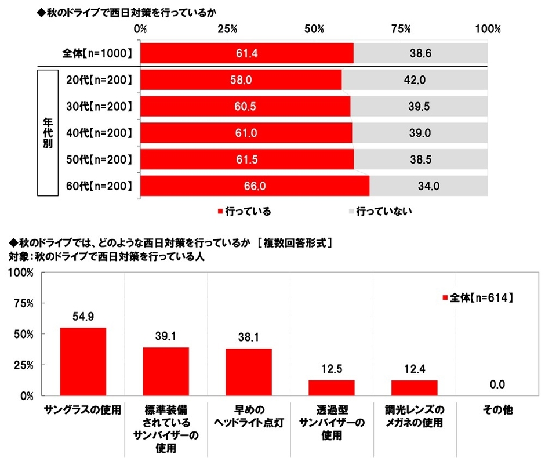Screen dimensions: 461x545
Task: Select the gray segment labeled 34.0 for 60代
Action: pos(428,186)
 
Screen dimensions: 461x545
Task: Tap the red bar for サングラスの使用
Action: pos(83,361)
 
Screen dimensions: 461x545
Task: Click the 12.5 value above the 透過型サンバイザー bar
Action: pos(332,369)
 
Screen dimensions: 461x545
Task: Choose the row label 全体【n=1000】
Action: pos(98,54)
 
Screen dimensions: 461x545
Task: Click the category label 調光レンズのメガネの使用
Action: pos(413,416)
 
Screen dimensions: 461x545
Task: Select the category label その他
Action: pos(497,409)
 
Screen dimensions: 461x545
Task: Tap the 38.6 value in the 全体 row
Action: pos(421,54)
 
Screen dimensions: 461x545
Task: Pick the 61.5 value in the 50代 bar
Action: pos(247,159)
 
